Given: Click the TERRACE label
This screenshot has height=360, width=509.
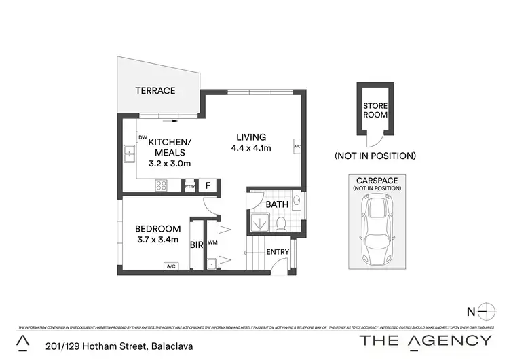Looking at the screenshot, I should [x=155, y=90].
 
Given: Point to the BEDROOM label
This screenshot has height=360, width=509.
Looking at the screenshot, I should [x=157, y=228].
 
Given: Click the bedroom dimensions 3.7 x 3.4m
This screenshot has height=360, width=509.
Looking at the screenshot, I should [x=157, y=239].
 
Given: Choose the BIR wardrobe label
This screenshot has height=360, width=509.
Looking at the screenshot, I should [x=197, y=245].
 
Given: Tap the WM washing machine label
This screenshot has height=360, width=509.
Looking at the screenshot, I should [x=212, y=242].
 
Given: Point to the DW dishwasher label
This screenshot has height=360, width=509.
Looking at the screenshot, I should [x=143, y=137].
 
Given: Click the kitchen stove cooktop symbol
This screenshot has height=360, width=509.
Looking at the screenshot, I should [x=163, y=185].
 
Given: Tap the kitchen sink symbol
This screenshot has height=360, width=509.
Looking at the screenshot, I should [x=129, y=156].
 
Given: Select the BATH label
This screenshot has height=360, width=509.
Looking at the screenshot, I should [x=277, y=204].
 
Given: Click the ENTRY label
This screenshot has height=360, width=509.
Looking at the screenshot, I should [x=278, y=252].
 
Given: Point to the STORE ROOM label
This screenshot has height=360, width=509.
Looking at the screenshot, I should [x=375, y=110].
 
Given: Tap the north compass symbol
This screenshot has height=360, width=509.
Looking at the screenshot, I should [x=484, y=312].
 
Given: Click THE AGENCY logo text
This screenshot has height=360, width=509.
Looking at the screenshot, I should [x=426, y=340].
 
